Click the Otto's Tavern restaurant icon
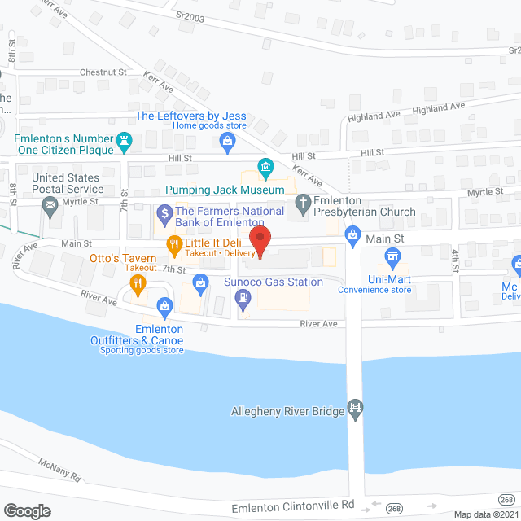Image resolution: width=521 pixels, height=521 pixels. (x=137, y=284)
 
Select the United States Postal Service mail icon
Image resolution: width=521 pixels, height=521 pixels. (x=51, y=204)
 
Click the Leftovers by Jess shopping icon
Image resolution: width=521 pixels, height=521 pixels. (x=229, y=143)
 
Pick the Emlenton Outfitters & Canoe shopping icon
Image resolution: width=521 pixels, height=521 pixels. (x=164, y=306)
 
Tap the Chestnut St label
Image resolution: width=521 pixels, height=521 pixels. (x=103, y=72)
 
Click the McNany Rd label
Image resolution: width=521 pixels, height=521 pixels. (x=60, y=471)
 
